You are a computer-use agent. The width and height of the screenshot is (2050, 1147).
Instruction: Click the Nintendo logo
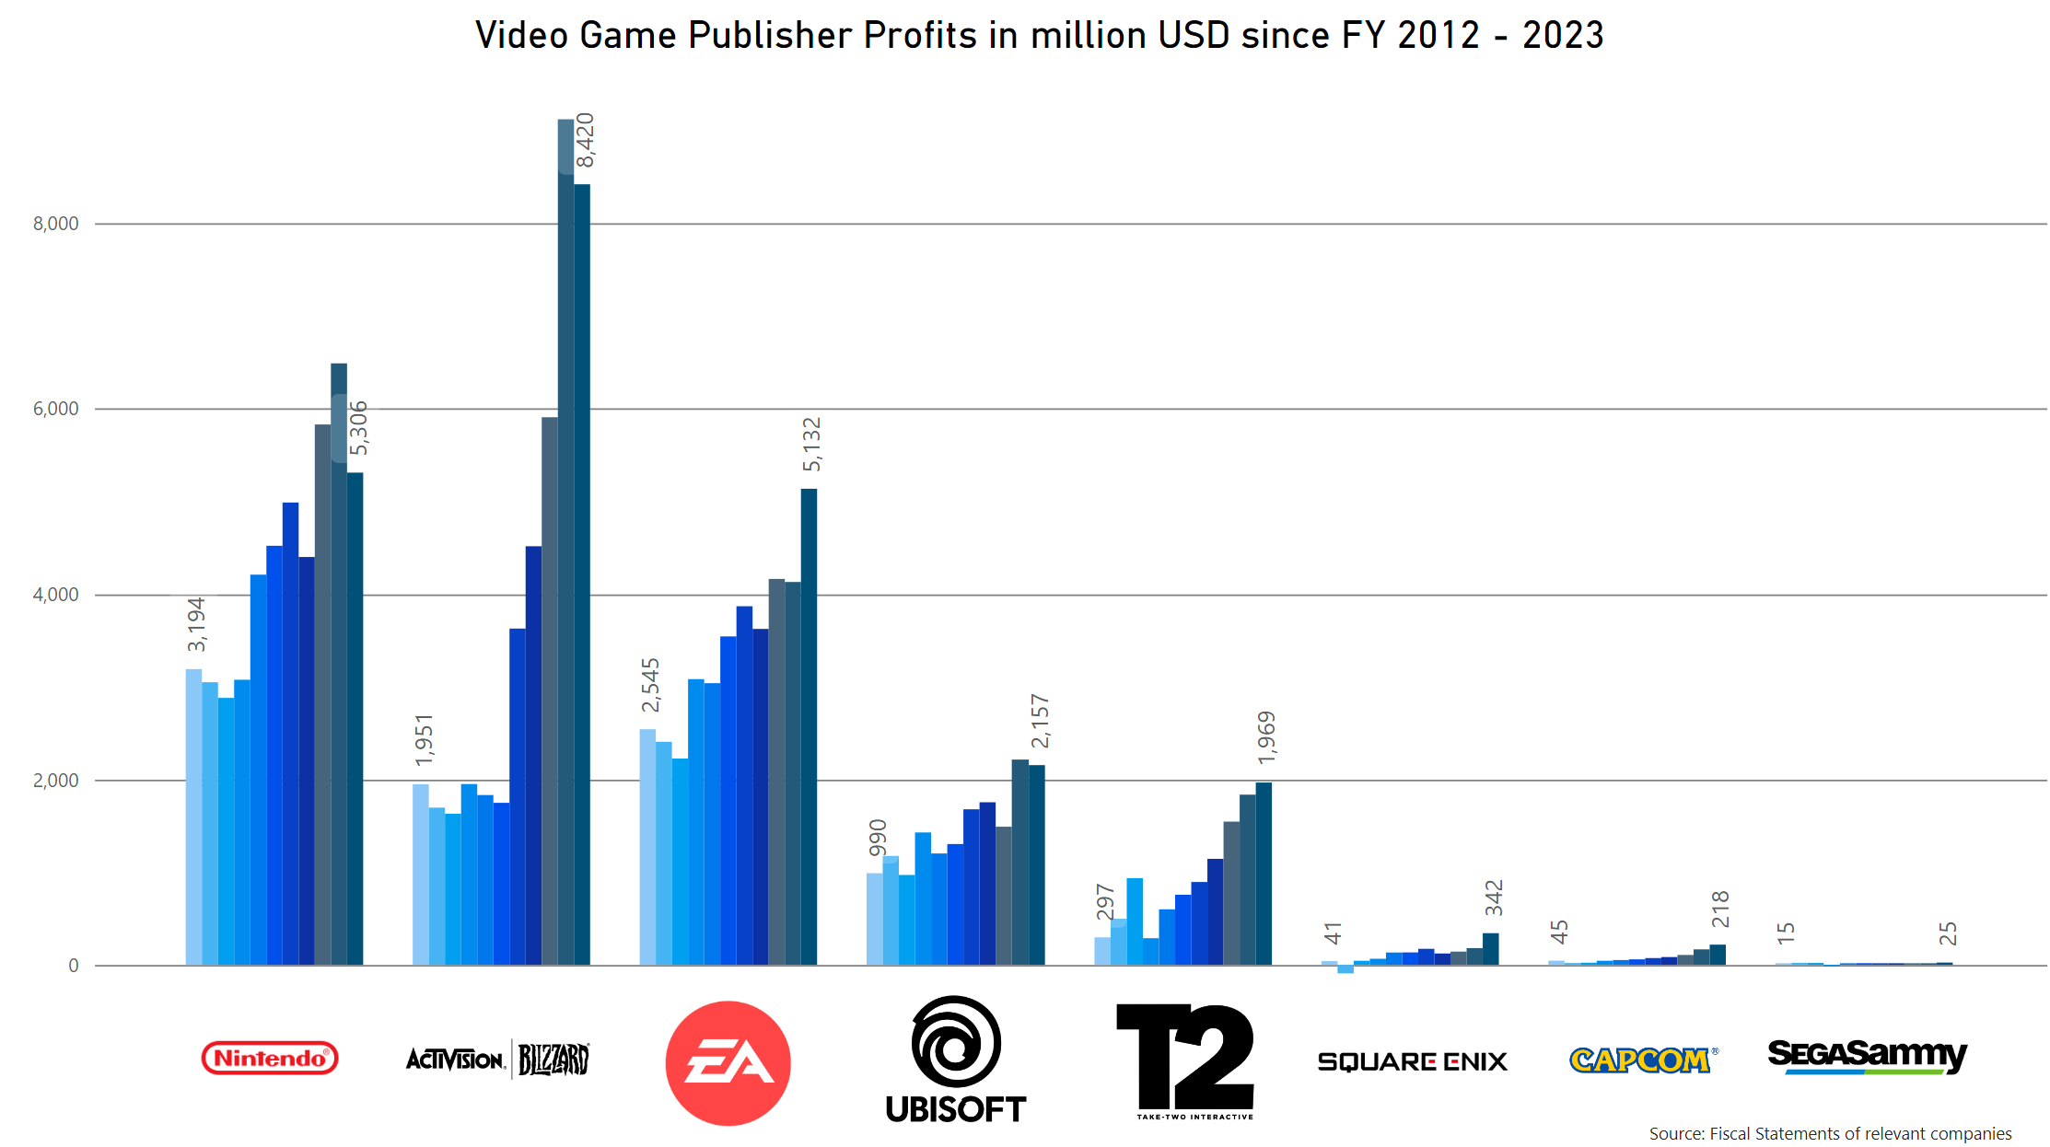[270, 1058]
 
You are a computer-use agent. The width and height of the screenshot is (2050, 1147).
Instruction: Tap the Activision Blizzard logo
[497, 1060]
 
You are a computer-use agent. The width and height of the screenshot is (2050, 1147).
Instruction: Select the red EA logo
[728, 1062]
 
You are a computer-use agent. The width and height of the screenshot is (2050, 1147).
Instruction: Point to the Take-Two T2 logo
[1185, 1060]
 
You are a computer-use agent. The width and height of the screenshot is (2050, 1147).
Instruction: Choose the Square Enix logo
[1412, 1061]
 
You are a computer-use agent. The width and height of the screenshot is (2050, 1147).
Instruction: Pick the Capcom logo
[1641, 1060]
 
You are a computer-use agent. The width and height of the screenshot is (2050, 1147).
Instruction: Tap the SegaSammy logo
[1867, 1056]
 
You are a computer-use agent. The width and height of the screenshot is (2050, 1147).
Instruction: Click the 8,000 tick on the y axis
[56, 224]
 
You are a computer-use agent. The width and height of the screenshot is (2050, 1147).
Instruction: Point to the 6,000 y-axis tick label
[56, 409]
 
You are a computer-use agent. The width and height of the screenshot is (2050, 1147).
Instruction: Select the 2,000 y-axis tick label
[56, 781]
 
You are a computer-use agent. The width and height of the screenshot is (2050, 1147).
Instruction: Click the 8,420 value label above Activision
[585, 141]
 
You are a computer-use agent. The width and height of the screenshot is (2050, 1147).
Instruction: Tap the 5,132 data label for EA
[811, 444]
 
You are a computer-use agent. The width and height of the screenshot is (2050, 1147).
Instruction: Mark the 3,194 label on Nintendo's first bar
[196, 624]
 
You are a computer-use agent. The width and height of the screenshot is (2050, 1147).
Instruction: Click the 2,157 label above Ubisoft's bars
[1040, 721]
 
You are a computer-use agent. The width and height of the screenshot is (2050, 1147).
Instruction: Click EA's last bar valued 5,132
[809, 727]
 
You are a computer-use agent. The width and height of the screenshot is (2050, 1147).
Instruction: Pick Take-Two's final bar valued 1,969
[1264, 874]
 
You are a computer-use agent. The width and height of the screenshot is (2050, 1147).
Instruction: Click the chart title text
[1039, 36]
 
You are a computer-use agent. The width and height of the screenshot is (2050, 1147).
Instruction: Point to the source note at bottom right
[1830, 1133]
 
